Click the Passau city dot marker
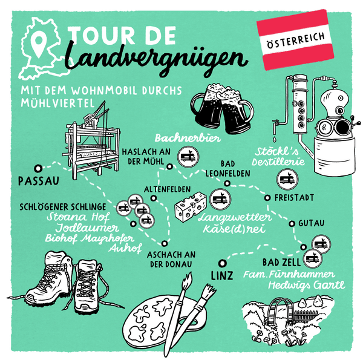pyautogui.click(x=38, y=168)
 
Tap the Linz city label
pyautogui.click(x=222, y=275)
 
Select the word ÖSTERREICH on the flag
pyautogui.click(x=296, y=40)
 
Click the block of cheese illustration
pyautogui.click(x=191, y=207)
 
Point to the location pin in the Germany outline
pyautogui.click(x=39, y=44)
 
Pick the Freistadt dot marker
pyautogui.click(x=267, y=198)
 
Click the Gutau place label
pyautogui.click(x=311, y=223)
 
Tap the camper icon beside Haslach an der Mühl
pyautogui.click(x=188, y=157)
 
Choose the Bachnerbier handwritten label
pyautogui.click(x=188, y=138)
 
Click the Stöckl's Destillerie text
pyautogui.click(x=278, y=157)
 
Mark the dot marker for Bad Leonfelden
pyautogui.click(x=227, y=183)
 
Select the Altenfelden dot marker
pyautogui.click(x=154, y=198)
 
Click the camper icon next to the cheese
pyautogui.click(x=220, y=199)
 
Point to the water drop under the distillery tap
pyautogui.click(x=274, y=139)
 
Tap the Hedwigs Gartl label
pyautogui.click(x=307, y=285)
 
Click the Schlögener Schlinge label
pyautogui.click(x=63, y=207)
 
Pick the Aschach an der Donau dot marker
pyautogui.click(x=165, y=243)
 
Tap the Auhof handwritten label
pyautogui.click(x=125, y=249)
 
